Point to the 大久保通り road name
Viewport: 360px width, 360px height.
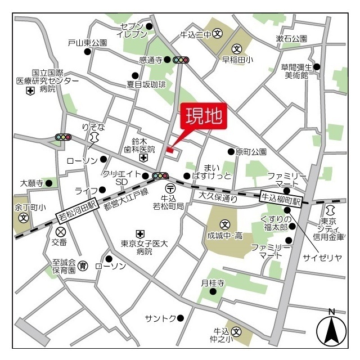pos(218,196)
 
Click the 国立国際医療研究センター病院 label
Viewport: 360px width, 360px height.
pos(47,81)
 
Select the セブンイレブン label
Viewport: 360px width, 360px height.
pos(132,30)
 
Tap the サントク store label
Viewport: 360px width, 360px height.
pos(160,318)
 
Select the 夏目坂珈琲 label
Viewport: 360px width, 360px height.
pos(146,85)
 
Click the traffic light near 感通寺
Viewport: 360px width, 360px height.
pos(181,60)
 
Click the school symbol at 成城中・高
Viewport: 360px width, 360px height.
pos(225,223)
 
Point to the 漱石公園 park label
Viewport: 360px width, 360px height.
pos(291,39)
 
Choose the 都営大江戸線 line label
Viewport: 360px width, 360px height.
pos(125,200)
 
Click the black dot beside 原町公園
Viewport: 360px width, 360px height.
pos(231,151)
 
